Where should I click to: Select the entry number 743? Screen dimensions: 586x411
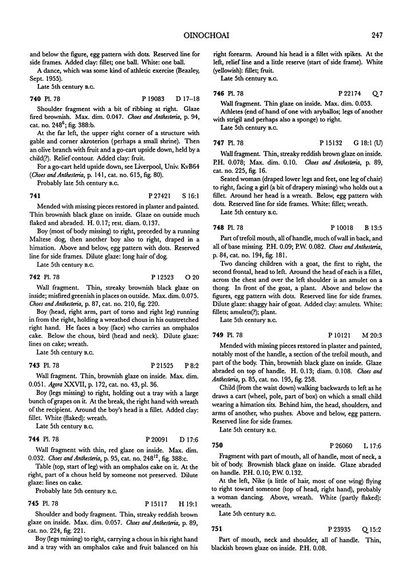tap(35, 364)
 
